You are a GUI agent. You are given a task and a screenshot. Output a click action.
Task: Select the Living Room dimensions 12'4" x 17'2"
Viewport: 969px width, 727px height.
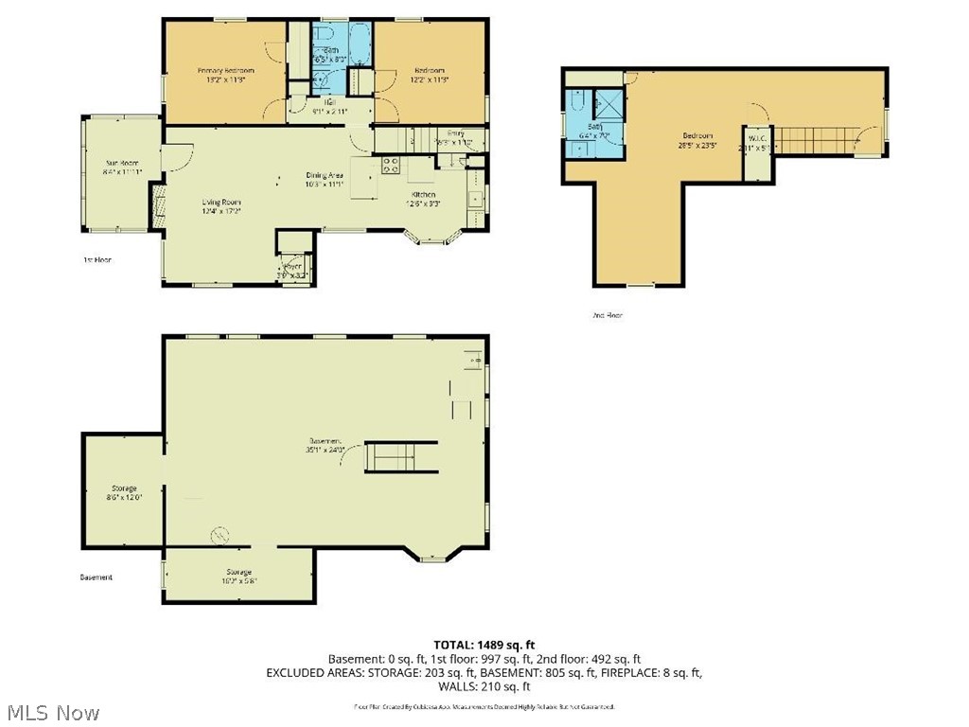click(221, 211)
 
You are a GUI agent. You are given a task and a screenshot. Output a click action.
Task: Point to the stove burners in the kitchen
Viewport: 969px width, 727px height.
click(389, 166)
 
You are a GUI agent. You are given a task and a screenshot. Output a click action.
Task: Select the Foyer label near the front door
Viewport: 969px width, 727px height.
click(293, 266)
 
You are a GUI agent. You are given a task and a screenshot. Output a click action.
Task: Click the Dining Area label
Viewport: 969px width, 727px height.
click(324, 175)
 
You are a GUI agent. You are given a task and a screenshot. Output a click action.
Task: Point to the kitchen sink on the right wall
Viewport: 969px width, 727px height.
click(476, 199)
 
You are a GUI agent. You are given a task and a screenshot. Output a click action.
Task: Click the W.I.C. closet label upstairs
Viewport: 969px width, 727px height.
click(757, 135)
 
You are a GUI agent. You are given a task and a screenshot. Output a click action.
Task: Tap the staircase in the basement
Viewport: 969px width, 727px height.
click(401, 456)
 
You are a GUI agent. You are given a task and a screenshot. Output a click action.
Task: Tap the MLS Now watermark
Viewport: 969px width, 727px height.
click(52, 712)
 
